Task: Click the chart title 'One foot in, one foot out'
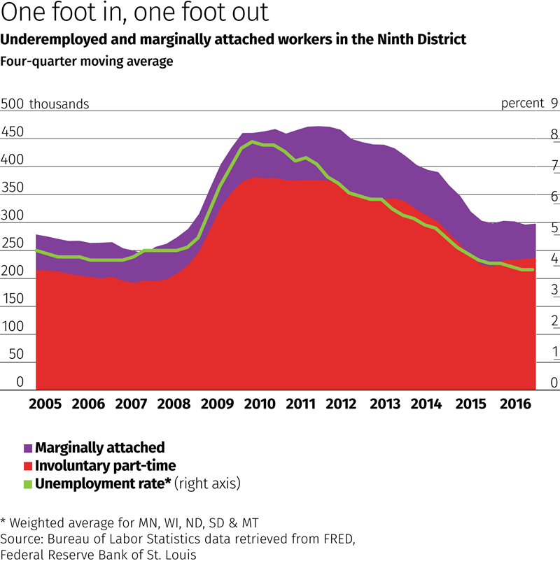(133, 14)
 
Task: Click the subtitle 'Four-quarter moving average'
(87, 61)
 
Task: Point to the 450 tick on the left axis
(13, 132)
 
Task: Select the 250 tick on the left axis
(13, 243)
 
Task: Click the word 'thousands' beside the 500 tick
(59, 104)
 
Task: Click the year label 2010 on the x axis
(258, 404)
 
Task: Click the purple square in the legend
(28, 448)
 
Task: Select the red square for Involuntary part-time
(28, 465)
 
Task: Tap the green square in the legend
(28, 483)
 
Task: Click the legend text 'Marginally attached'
(100, 447)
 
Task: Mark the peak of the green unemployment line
(252, 143)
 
